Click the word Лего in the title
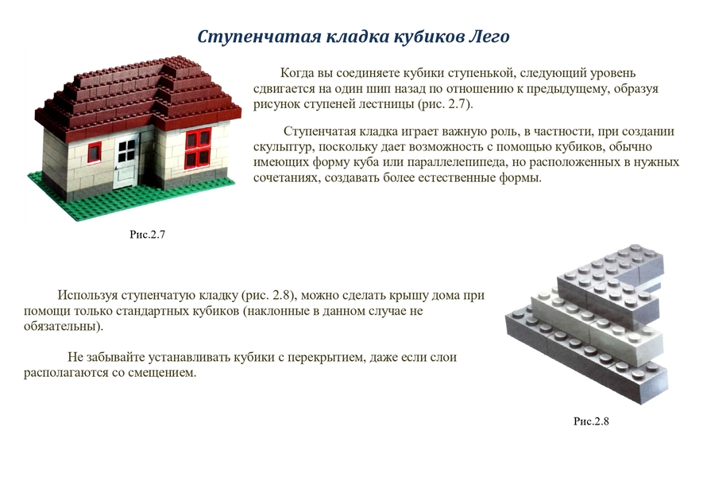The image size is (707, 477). point(489,36)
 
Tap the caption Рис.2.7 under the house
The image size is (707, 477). point(148,235)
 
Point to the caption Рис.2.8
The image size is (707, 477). point(591,421)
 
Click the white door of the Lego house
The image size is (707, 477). point(126,161)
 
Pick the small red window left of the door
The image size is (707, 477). point(95,152)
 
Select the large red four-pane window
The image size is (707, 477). point(198,148)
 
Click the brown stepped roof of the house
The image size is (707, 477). point(137,95)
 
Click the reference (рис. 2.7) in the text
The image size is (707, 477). point(445,104)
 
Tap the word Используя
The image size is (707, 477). point(86,295)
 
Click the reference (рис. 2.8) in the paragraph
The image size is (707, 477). point(269,296)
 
